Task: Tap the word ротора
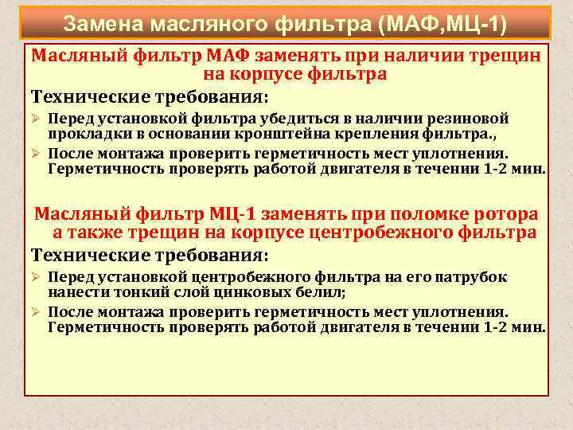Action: pyautogui.click(x=506, y=215)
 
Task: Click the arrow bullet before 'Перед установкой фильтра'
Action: pyautogui.click(x=36, y=119)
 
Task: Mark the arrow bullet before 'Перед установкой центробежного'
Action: pyautogui.click(x=36, y=276)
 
